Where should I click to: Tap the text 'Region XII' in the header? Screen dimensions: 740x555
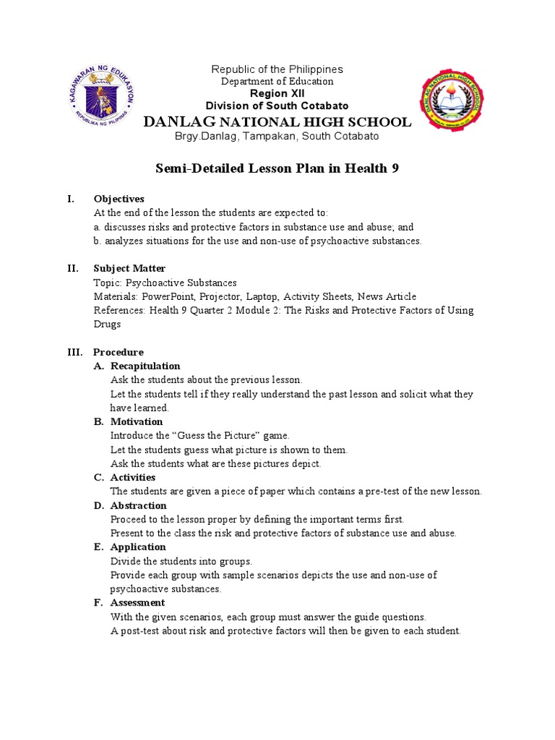pyautogui.click(x=277, y=94)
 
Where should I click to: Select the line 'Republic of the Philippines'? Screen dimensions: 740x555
pyautogui.click(x=277, y=69)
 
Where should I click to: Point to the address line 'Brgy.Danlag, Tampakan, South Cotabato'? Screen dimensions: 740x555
pyautogui.click(x=277, y=137)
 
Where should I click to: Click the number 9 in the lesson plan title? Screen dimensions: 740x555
pyautogui.click(x=395, y=169)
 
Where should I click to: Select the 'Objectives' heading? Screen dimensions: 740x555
pyautogui.click(x=119, y=199)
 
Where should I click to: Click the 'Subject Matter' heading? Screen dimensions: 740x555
pyautogui.click(x=129, y=269)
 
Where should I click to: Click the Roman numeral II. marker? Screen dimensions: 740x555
pyautogui.click(x=73, y=269)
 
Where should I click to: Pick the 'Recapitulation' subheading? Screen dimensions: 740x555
pyautogui.click(x=145, y=366)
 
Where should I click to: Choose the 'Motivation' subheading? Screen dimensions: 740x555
pyautogui.click(x=137, y=422)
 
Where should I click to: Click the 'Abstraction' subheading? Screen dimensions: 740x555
pyautogui.click(x=139, y=506)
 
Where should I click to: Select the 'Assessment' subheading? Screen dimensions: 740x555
pyautogui.click(x=137, y=603)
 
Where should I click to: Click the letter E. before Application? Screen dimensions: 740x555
pyautogui.click(x=99, y=548)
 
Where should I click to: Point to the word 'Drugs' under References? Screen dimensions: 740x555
pyautogui.click(x=108, y=324)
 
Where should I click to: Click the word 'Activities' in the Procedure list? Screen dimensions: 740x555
pyautogui.click(x=133, y=478)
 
